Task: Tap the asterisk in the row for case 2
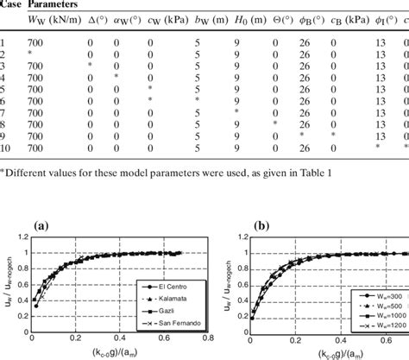coord(31,54)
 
